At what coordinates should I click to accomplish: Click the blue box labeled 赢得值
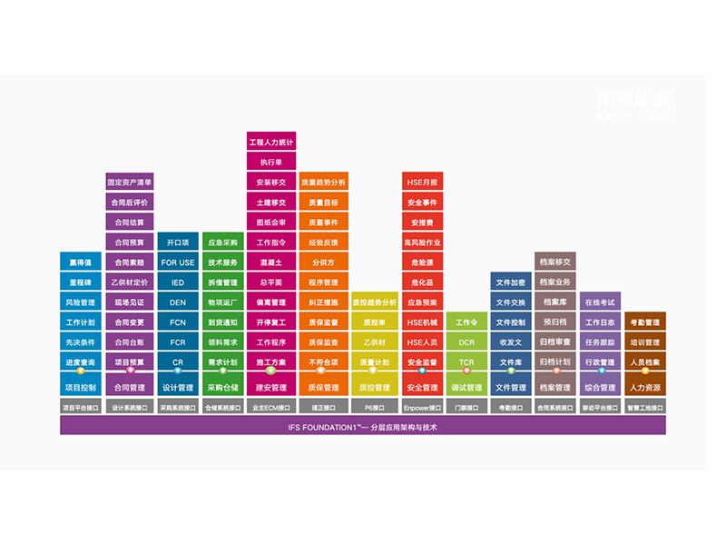click(80, 263)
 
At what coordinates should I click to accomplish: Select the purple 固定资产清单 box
click(130, 183)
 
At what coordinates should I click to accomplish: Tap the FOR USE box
click(177, 263)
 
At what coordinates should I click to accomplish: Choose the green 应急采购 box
click(223, 243)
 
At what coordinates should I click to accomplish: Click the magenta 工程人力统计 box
click(270, 143)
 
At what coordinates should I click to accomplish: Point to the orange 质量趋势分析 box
click(324, 183)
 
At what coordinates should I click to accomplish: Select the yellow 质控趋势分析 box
click(374, 302)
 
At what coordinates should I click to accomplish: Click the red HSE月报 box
click(422, 183)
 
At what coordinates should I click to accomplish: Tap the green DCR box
click(466, 342)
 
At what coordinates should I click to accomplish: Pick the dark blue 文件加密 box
click(511, 282)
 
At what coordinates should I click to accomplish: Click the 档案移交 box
click(555, 263)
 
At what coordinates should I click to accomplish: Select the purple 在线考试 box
click(600, 302)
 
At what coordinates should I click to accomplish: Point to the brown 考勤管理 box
click(644, 322)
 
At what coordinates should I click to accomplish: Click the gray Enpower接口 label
click(422, 408)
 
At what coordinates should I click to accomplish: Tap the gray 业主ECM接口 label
click(270, 408)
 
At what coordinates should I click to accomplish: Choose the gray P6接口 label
click(374, 408)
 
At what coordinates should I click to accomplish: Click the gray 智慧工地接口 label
click(644, 408)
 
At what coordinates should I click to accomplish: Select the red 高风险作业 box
click(422, 243)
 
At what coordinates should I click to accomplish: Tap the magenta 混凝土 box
click(270, 263)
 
